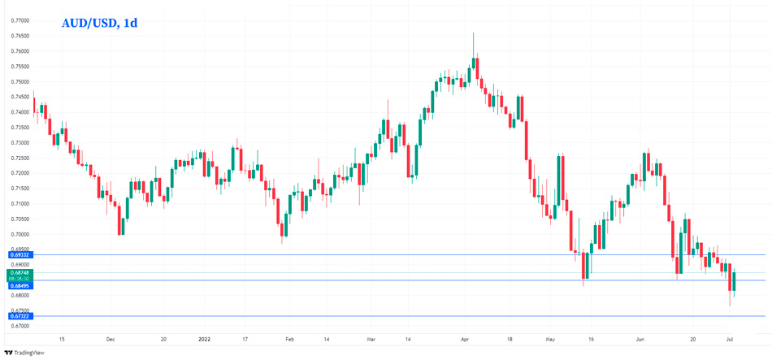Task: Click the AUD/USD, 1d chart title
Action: [99, 23]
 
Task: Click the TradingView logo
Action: [24, 353]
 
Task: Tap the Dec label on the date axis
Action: [110, 337]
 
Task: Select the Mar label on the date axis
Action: [371, 337]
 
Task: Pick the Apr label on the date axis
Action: [464, 337]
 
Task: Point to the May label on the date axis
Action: [549, 337]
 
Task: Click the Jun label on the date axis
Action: [640, 337]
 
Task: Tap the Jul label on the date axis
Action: [730, 337]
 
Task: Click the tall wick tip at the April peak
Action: [474, 33]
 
